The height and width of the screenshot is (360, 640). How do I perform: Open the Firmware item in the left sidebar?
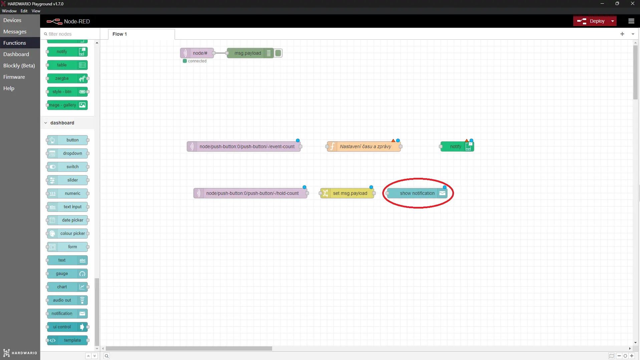coord(14,77)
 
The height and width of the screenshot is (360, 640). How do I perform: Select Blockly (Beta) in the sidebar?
coord(19,65)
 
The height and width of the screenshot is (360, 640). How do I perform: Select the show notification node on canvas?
coord(417,193)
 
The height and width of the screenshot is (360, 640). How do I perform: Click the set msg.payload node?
coord(347,193)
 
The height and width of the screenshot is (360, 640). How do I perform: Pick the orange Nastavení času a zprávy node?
coord(364,146)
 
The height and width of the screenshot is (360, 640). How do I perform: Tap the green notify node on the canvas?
coord(457,146)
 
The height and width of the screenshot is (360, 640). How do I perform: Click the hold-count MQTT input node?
coord(250,193)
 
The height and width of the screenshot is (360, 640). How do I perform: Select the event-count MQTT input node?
coord(244,146)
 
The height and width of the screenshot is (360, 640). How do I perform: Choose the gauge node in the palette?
coord(67,274)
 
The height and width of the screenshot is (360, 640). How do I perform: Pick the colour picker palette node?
coord(67,234)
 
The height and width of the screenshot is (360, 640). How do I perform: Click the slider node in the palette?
coord(67,180)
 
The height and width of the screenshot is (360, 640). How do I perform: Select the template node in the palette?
coord(67,340)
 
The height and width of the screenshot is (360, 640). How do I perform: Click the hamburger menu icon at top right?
coord(631,21)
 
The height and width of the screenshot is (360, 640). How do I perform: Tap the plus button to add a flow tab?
coord(622,34)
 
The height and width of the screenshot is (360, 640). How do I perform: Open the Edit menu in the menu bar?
coord(24,11)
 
